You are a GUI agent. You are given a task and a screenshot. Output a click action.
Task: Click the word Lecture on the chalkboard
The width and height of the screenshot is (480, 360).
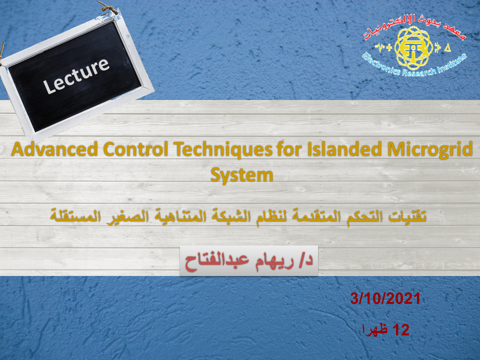(x=76, y=75)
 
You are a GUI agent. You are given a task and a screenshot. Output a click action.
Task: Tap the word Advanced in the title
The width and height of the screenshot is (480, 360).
(x=54, y=149)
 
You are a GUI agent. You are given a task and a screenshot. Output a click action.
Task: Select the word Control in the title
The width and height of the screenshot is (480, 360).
(x=135, y=149)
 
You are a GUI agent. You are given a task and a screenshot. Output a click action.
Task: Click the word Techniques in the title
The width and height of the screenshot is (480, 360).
(x=223, y=150)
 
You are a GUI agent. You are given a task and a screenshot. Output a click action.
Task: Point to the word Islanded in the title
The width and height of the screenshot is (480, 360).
(x=344, y=149)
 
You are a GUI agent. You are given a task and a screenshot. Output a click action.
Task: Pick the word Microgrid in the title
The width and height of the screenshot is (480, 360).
(x=430, y=150)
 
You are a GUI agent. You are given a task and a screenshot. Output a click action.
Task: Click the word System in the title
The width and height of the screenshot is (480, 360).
(x=242, y=175)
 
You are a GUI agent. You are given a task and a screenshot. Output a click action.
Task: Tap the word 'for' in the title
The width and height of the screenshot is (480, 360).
(x=289, y=149)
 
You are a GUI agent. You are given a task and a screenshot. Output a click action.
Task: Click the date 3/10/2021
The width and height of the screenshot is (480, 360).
(x=385, y=298)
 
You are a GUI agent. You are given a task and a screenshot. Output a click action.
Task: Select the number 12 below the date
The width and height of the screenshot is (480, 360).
(x=400, y=330)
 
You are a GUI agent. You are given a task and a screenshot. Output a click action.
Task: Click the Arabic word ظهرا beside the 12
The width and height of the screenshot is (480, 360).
(x=375, y=329)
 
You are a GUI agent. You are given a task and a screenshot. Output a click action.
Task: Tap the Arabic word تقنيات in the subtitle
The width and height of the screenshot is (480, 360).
(x=407, y=216)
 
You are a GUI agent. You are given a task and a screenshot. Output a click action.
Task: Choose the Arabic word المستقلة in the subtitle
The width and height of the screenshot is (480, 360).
(x=75, y=216)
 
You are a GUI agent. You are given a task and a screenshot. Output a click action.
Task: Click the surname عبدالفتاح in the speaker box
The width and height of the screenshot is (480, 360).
(x=217, y=262)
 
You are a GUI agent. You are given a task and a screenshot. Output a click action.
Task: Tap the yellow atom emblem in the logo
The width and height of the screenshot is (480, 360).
(x=413, y=48)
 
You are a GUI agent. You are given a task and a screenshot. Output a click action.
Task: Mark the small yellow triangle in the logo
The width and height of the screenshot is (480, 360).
(x=447, y=48)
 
